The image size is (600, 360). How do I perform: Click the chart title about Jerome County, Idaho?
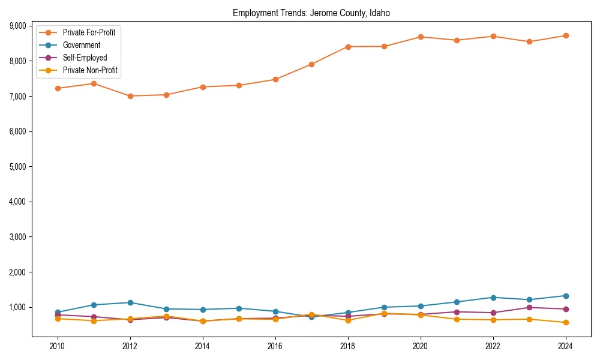311,13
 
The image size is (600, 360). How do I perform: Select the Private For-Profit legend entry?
89,32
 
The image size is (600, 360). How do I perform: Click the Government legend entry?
81,45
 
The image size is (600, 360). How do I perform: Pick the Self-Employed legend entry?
85,58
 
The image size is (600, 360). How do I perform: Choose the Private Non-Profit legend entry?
90,70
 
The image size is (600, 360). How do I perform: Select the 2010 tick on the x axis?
58,346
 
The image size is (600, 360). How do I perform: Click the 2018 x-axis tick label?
347,346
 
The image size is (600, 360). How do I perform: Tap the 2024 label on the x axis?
565,346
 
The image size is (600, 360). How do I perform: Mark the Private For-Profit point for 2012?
130,96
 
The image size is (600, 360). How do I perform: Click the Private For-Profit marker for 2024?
565,35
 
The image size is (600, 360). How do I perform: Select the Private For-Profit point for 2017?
311,64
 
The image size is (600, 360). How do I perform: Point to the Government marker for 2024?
565,296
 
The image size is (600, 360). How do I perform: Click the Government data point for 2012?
130,302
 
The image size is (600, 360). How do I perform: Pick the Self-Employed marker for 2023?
529,307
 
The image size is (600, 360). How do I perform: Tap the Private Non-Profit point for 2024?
565,323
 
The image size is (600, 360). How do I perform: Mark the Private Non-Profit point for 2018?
347,320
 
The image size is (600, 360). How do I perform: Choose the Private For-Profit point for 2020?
420,37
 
